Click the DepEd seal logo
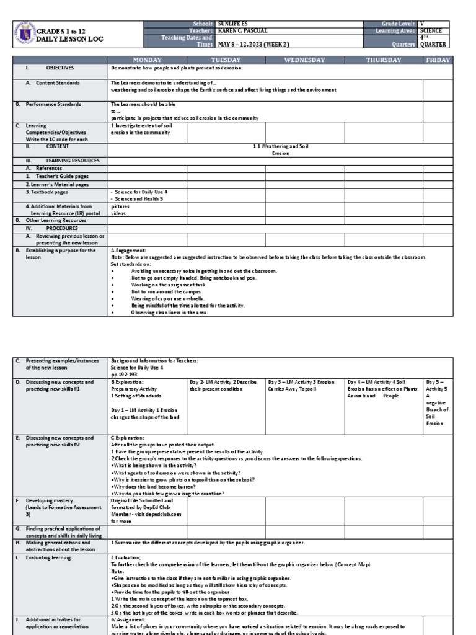24,33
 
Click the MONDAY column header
148,60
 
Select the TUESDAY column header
226,60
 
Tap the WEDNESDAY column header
304,60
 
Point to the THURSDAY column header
384,60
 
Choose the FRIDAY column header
438,60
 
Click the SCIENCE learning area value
431,30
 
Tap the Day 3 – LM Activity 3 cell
301,386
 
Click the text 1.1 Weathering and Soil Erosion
280,149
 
